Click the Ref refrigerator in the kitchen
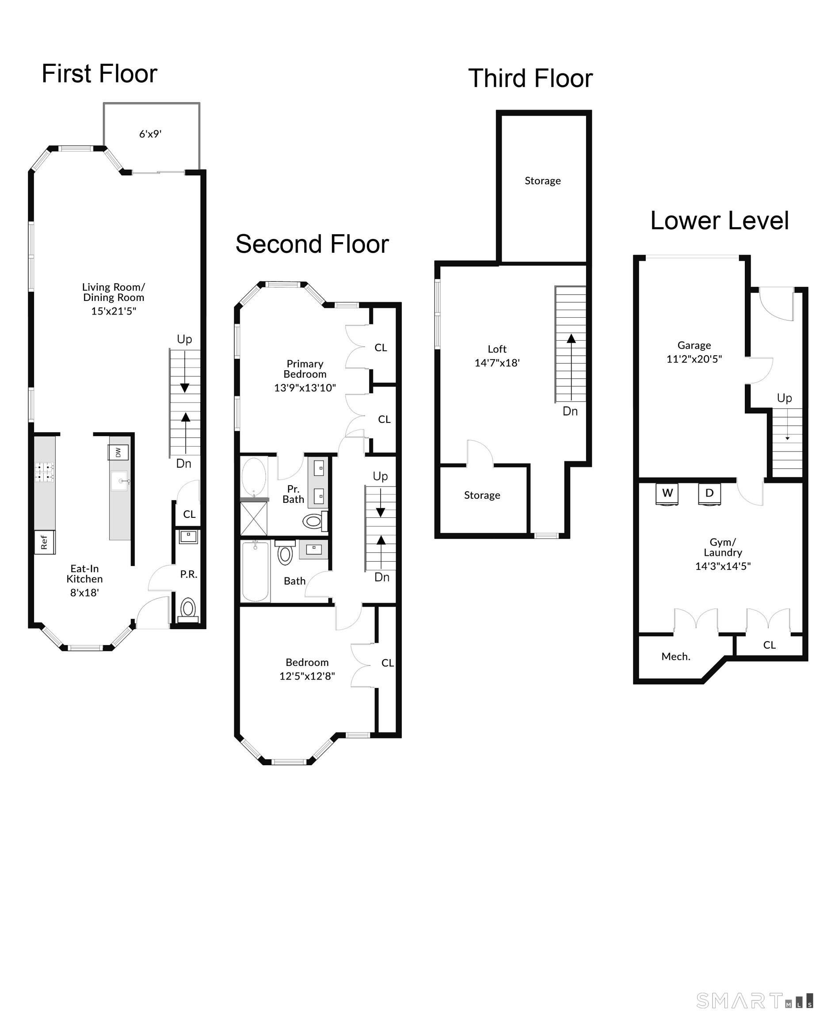45,542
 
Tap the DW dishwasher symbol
118,452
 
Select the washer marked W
667,494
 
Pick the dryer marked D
709,494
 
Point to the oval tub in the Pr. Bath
254,477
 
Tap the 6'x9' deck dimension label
150,134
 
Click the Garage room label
694,345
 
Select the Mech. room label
675,657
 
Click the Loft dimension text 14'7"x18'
497,363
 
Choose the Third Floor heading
530,78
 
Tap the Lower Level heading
720,220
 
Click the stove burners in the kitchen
45,472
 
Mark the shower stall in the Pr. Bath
254,518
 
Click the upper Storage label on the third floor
543,181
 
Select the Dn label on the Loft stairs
570,411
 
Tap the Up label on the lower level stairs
784,398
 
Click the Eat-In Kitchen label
84,574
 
